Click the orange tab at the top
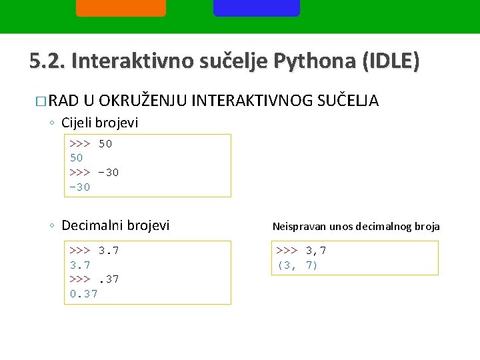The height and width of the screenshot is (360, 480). point(121,7)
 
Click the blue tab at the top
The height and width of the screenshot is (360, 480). point(257,7)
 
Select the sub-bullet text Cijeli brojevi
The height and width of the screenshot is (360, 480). point(99,123)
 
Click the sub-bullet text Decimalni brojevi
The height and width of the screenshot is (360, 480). point(115,225)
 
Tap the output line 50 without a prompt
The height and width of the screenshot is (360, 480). point(76,158)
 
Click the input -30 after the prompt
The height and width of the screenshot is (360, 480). point(108,172)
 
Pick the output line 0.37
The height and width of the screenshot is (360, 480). point(83,293)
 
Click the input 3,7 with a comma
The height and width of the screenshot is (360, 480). point(315,251)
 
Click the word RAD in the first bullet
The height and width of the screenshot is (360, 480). point(63,101)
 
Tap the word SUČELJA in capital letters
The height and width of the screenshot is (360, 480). point(351,101)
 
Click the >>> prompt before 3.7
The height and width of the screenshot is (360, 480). point(79,251)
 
